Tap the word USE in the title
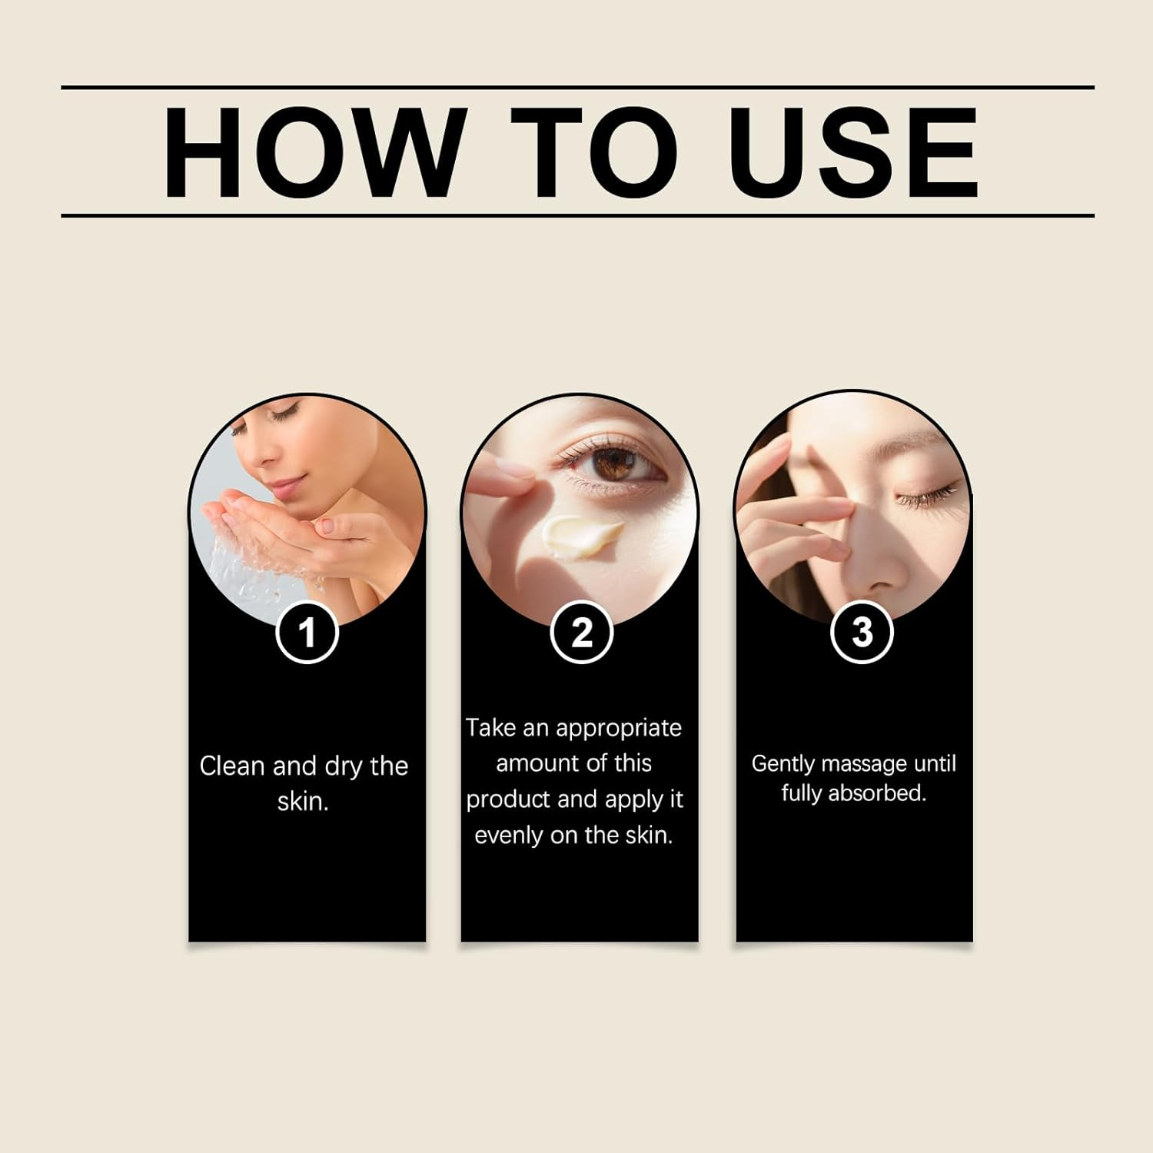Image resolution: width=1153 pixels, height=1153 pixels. (854, 152)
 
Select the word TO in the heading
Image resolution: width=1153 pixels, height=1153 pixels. (594, 152)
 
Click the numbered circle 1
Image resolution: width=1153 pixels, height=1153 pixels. (307, 633)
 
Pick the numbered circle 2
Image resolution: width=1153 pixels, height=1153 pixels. (582, 633)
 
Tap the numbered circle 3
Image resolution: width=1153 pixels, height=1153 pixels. (862, 633)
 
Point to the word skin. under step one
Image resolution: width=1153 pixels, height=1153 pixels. (303, 801)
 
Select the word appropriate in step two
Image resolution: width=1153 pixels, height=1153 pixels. (619, 729)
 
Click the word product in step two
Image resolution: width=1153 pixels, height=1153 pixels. (508, 800)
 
